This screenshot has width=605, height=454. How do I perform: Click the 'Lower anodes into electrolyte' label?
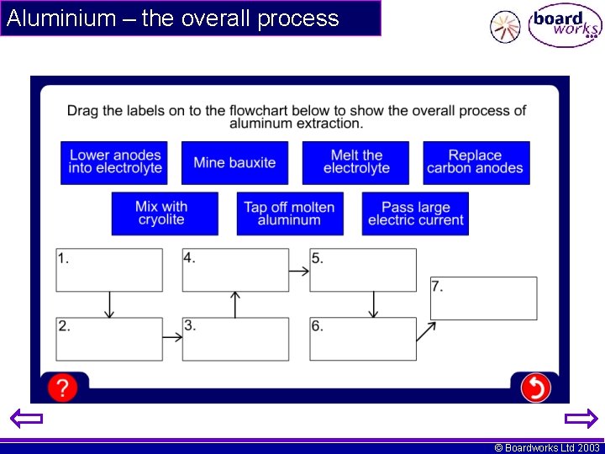click(x=114, y=162)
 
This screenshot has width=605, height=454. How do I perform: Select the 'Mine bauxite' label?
click(x=234, y=162)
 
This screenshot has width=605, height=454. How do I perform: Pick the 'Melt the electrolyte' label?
click(x=355, y=162)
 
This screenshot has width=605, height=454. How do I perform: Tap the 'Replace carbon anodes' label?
click(x=476, y=162)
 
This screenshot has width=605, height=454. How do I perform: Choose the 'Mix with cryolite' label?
click(x=165, y=214)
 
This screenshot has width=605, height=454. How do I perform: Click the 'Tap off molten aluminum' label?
click(x=290, y=214)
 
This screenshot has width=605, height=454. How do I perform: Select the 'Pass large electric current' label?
click(x=415, y=214)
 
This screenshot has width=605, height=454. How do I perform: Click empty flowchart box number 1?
click(x=109, y=270)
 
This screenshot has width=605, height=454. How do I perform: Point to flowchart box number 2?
click(x=109, y=339)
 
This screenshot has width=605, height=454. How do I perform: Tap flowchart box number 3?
click(x=235, y=339)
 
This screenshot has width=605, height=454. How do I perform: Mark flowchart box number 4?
click(x=235, y=270)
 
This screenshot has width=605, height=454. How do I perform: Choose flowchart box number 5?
click(x=363, y=270)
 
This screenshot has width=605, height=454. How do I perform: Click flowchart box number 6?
click(x=363, y=339)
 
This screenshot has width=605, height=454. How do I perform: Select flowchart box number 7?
click(x=484, y=298)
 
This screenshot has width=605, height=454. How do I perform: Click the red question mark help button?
click(x=62, y=388)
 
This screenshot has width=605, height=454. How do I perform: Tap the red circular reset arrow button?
click(x=536, y=388)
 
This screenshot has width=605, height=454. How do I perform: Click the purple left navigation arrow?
click(x=26, y=419)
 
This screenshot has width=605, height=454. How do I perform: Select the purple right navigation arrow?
click(x=581, y=419)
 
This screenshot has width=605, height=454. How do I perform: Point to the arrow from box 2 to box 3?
click(x=172, y=337)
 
